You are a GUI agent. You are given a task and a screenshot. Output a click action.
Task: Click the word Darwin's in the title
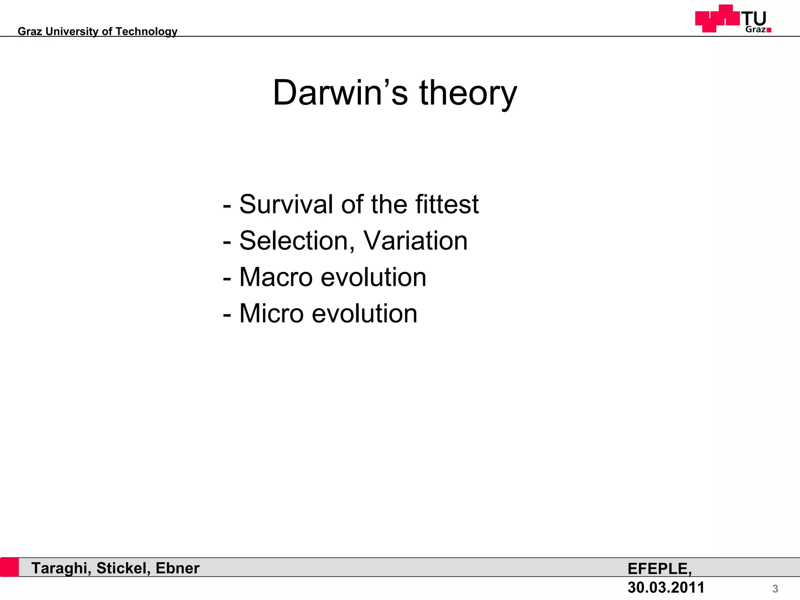coord(340,93)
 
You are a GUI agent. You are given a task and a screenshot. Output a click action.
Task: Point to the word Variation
coord(415,241)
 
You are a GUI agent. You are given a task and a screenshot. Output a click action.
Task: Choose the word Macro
coord(276,277)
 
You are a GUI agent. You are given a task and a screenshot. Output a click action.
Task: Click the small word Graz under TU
coord(755,30)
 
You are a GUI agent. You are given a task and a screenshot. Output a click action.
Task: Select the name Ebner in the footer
coord(177,568)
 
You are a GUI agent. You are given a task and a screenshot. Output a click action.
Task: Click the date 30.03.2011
coord(666,587)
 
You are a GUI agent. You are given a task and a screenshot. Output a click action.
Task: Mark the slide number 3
coord(775,589)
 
